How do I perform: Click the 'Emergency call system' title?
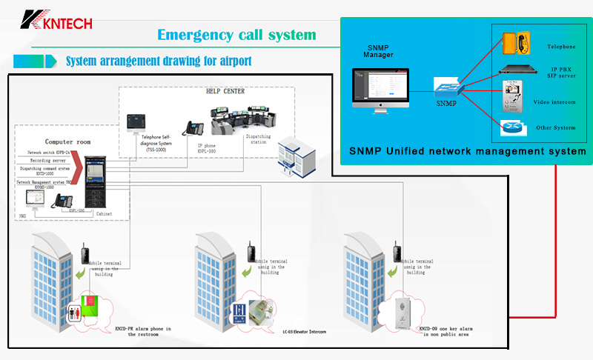pyautogui.click(x=237, y=35)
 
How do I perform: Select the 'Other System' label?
pyautogui.click(x=555, y=127)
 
